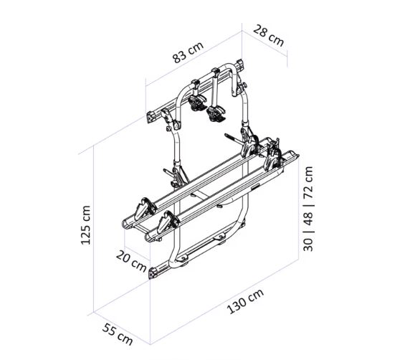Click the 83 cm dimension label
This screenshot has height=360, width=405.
pyautogui.click(x=188, y=52)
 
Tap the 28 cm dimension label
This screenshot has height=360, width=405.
pyautogui.click(x=268, y=35)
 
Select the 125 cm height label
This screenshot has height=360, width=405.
pyautogui.click(x=85, y=225)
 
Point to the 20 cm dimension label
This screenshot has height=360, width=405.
pyautogui.click(x=131, y=261)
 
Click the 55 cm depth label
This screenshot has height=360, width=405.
pyautogui.click(x=118, y=334)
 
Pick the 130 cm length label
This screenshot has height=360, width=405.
pyautogui.click(x=245, y=301)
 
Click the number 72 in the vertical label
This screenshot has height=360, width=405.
pyautogui.click(x=308, y=182)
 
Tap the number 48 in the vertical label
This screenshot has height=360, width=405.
pyautogui.click(x=308, y=219)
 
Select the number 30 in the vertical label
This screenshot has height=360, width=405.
pyautogui.click(x=308, y=245)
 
